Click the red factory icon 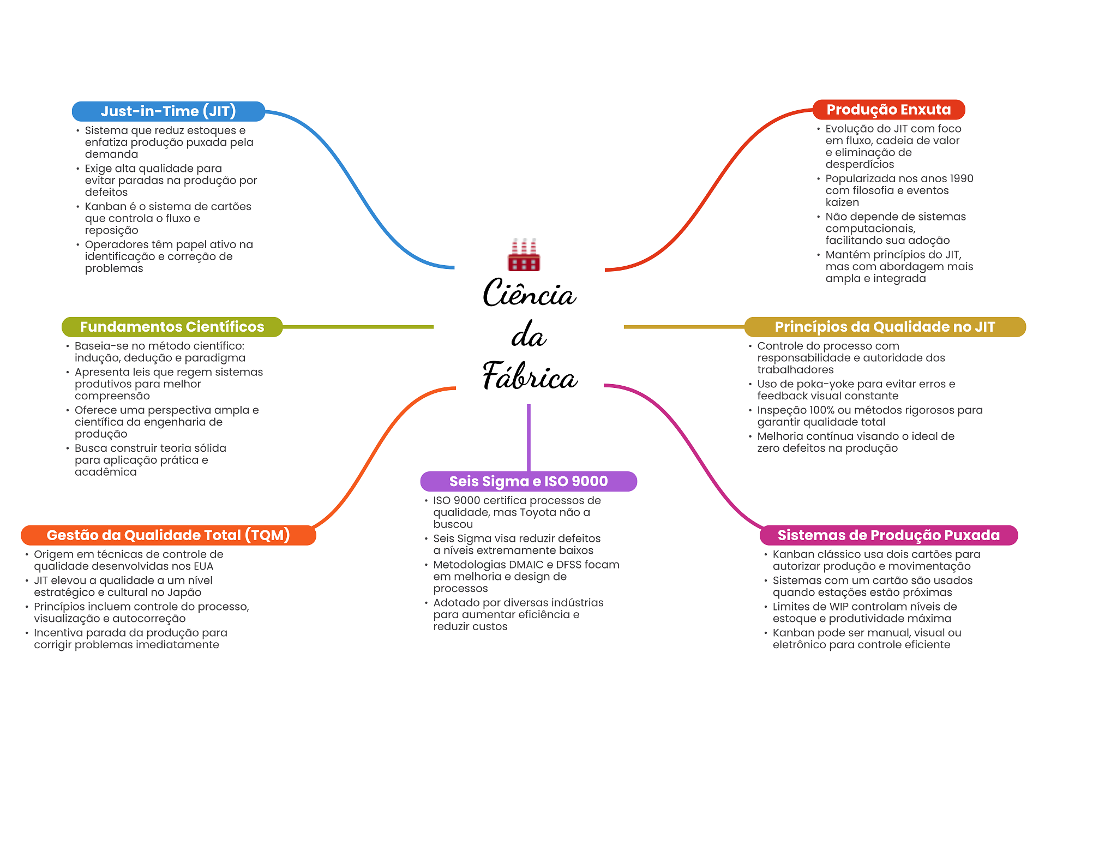(x=524, y=254)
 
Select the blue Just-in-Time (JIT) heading (x=169, y=111)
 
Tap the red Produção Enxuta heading (x=888, y=110)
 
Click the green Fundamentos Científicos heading (x=172, y=327)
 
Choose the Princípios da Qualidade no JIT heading (x=885, y=327)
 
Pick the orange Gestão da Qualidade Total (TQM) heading (x=169, y=535)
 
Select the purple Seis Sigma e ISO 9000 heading (x=529, y=481)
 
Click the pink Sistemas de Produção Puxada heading (x=888, y=535)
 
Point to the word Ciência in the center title (x=529, y=294)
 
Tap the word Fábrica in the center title (x=530, y=376)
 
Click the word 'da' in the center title (x=529, y=335)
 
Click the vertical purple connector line (x=529, y=438)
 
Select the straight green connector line (x=358, y=327)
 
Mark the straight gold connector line (x=684, y=327)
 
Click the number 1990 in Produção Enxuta (x=961, y=178)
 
